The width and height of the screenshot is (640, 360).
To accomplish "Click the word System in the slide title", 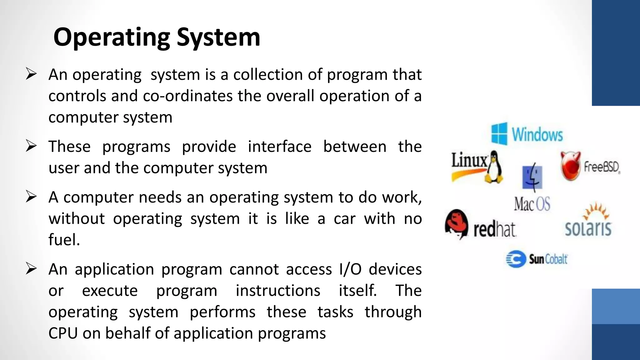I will click(x=218, y=37).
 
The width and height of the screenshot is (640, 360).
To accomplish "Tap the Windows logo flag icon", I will click(x=499, y=134).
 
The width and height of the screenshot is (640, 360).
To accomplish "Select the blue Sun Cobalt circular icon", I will click(x=516, y=259).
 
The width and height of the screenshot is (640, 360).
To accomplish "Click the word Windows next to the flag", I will click(x=537, y=135).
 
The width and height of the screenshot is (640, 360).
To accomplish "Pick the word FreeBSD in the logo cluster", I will click(x=602, y=167).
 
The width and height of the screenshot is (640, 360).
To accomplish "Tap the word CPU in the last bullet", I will click(x=63, y=333).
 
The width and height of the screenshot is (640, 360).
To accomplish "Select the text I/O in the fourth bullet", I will click(x=350, y=269).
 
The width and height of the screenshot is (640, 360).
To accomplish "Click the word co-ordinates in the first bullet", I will click(x=187, y=96).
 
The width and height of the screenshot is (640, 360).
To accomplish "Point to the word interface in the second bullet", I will click(x=279, y=147).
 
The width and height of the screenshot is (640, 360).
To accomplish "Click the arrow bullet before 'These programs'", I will click(x=31, y=146).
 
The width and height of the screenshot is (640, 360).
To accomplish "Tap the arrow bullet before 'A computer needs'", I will click(x=31, y=197).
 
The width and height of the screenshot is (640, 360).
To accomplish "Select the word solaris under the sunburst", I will click(x=588, y=228).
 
